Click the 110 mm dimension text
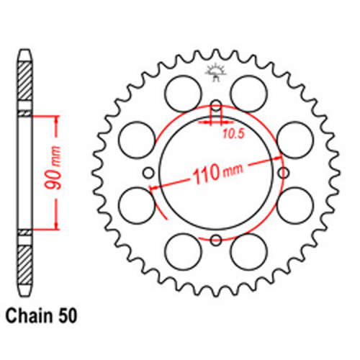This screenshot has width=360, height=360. (x=215, y=172)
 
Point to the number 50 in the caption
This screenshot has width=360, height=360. (x=66, y=315)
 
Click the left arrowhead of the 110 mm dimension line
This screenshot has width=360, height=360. (x=153, y=187)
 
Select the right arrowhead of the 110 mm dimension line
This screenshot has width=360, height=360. (x=279, y=159)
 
